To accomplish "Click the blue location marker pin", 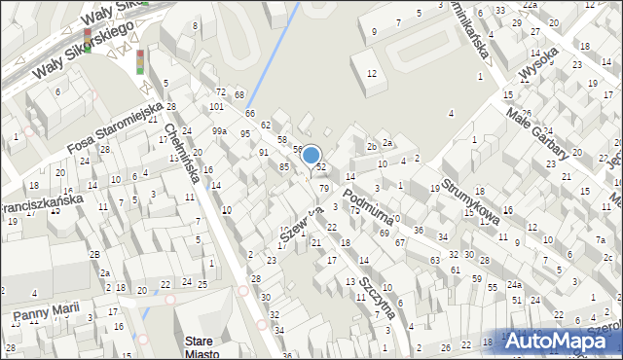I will tap(311, 156).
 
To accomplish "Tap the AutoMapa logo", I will tap(562, 342).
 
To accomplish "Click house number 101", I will tap(215, 106).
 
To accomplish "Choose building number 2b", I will tap(372, 147).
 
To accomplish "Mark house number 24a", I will tap(514, 285).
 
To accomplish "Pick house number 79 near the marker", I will tap(324, 188).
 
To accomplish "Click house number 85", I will tap(284, 167).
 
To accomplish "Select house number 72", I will tap(221, 91).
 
